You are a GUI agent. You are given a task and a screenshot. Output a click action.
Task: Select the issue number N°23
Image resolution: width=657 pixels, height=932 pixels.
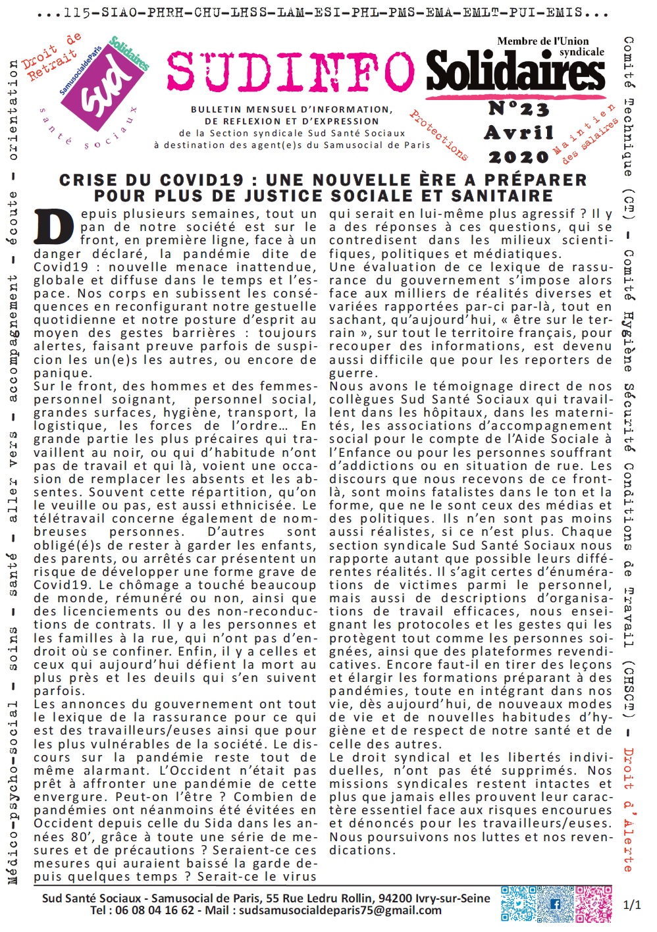coord(518,109)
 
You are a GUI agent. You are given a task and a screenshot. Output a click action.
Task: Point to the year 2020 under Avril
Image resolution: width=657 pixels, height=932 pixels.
coord(518,157)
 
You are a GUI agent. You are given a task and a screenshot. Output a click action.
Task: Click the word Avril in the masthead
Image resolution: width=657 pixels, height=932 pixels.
coord(519,133)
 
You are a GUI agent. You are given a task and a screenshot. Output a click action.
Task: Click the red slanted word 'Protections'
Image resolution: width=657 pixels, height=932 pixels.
coord(439,135)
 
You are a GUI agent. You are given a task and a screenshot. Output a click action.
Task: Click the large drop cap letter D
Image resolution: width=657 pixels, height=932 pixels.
coord(52,227)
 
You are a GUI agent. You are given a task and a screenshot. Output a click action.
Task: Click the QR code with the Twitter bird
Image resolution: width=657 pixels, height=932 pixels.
coord(518,904)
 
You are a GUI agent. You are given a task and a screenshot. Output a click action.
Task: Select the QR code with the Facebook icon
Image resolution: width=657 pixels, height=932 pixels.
coord(556,904)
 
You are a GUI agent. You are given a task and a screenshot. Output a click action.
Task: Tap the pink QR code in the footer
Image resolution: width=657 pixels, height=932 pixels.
coord(593,904)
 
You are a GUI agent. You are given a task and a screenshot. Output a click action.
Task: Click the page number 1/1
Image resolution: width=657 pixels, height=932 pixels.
coord(631,905)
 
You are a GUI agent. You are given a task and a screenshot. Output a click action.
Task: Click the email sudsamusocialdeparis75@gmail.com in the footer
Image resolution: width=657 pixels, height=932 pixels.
coord(340,911)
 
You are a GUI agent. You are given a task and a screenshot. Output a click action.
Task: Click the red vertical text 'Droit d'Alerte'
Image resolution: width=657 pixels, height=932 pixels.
coord(628,810)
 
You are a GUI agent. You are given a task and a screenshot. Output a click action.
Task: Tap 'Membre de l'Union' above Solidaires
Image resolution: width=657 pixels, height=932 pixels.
coord(543,41)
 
